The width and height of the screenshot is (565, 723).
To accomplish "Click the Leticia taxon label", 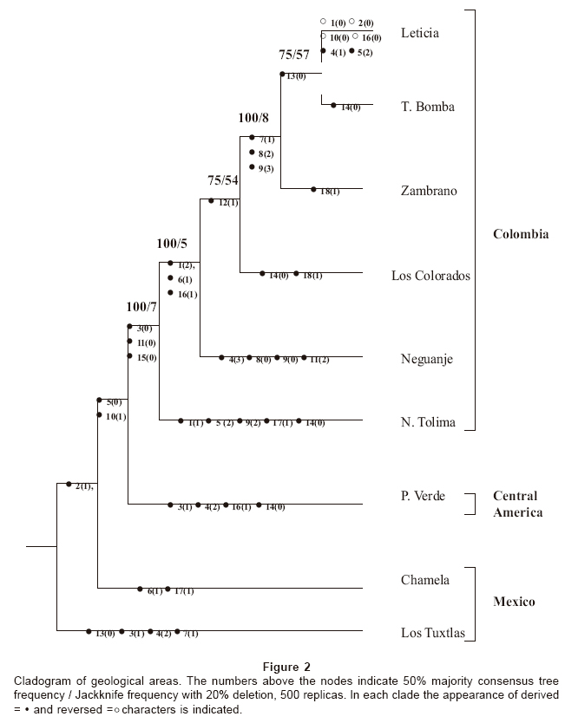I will [x=420, y=33].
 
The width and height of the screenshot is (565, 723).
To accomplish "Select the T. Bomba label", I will [x=429, y=107].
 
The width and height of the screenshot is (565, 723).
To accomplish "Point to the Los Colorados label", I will [x=430, y=276].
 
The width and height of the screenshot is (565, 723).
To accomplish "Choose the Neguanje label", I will [x=427, y=359].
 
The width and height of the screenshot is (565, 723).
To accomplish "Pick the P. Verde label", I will [x=423, y=496].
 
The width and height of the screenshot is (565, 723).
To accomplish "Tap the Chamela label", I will [x=425, y=580].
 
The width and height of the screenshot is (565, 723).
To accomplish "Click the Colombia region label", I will [x=521, y=234].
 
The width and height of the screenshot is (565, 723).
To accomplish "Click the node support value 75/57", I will [x=294, y=55].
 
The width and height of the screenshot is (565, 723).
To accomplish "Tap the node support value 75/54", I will [x=223, y=180].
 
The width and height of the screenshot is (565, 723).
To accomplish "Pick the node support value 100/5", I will [x=172, y=244].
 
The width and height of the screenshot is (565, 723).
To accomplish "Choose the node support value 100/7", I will [x=141, y=306].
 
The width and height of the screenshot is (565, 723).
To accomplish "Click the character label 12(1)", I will [x=229, y=203].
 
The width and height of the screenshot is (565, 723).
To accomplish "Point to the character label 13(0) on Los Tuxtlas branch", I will [x=105, y=634].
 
